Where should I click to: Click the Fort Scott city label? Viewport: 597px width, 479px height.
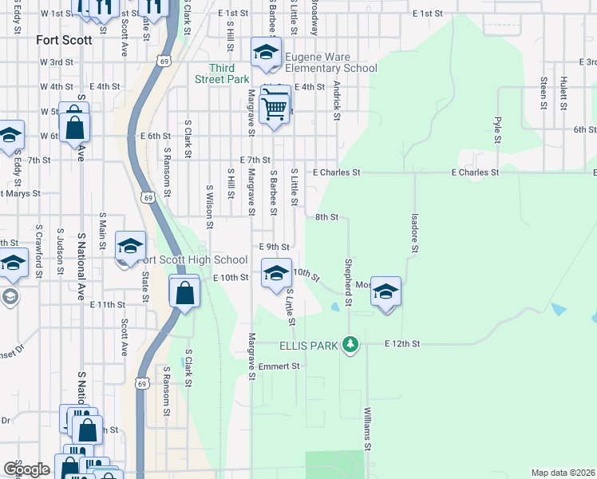pos(64,39)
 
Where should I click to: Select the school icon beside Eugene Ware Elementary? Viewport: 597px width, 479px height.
pos(266,54)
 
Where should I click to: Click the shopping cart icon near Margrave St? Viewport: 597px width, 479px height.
pos(275,107)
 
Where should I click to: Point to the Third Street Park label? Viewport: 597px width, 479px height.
pos(223,73)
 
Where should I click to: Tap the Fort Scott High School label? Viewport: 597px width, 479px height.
pos(192,259)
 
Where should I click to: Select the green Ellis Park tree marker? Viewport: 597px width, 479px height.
pos(350,345)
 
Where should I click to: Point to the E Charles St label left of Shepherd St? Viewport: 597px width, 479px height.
pos(337,172)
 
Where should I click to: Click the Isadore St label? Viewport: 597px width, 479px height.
pos(414,232)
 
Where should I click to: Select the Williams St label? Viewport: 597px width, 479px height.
pos(366,426)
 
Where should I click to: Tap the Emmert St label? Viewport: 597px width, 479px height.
pos(279,366)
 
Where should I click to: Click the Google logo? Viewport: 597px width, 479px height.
pos(26,469)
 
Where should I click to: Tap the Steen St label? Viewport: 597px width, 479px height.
pos(543,93)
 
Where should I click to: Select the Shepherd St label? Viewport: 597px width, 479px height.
pos(348,281)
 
